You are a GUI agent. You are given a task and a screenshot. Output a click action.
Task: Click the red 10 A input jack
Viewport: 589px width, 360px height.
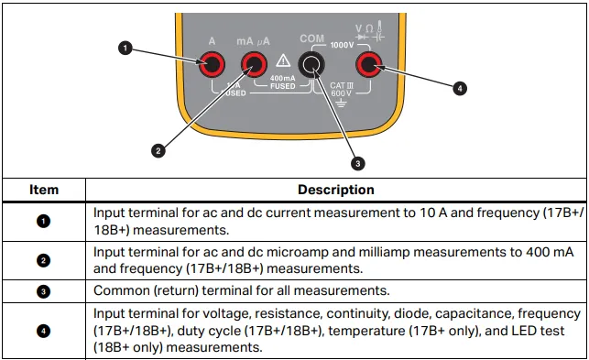click(212, 64)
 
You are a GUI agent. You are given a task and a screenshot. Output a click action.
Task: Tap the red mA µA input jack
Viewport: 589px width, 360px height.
click(255, 64)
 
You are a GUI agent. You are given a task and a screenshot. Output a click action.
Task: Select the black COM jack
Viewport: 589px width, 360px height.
click(311, 64)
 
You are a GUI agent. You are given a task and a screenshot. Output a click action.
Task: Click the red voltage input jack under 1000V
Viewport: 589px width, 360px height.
click(369, 64)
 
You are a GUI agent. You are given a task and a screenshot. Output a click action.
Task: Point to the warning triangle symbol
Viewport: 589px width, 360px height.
click(283, 60)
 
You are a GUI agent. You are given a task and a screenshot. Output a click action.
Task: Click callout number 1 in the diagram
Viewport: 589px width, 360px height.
click(125, 49)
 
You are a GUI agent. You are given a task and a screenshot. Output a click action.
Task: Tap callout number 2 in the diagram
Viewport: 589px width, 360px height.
click(158, 151)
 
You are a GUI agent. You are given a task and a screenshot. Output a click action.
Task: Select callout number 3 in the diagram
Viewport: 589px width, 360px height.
click(357, 163)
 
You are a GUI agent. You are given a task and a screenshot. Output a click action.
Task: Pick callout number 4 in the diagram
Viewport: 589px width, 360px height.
click(460, 89)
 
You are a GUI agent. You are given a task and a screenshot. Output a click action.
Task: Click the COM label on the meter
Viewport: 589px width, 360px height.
click(311, 38)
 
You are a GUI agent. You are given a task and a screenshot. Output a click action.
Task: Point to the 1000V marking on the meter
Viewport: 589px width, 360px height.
click(342, 45)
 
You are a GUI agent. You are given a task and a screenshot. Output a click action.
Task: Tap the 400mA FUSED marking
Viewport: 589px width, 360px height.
click(283, 82)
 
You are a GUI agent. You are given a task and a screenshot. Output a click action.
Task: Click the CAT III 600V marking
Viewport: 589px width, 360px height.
click(342, 90)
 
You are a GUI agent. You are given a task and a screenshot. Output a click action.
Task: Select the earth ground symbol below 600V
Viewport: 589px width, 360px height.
click(341, 103)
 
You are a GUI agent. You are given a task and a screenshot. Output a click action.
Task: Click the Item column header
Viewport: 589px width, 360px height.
click(44, 190)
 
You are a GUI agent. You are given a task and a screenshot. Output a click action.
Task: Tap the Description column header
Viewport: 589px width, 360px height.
click(336, 190)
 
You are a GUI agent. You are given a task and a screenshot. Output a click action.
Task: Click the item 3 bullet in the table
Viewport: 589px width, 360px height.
click(43, 291)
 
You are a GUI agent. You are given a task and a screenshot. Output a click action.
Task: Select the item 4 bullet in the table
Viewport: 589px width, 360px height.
click(43, 331)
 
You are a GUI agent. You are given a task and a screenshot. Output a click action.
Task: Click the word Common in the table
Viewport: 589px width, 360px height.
click(121, 290)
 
